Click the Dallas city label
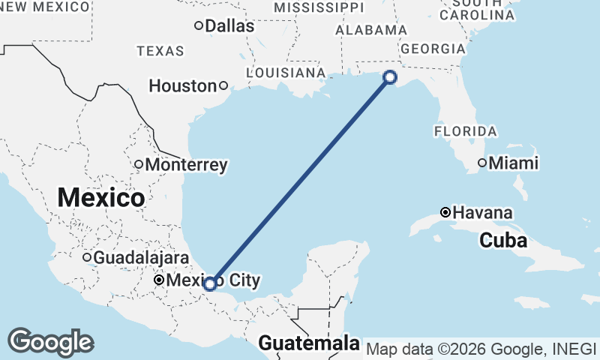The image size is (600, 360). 229,26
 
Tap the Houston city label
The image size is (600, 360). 182,86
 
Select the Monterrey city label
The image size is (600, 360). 187,165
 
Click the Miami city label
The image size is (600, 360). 514,163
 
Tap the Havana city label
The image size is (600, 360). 482,213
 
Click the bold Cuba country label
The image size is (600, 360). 503,241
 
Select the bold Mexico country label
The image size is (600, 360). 100,198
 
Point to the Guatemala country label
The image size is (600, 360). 308,344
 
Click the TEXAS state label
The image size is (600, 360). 160,51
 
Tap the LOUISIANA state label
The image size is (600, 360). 285,73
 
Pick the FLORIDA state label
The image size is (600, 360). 465,131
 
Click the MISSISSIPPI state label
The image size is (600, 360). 319,7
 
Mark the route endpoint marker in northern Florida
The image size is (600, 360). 389,76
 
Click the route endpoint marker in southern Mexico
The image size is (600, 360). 211,283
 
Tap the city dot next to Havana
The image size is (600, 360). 445,212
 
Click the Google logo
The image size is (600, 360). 50,342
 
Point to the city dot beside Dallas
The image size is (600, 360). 198,25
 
